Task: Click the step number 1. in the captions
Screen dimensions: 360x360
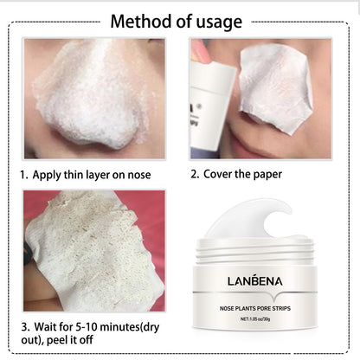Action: point(24,175)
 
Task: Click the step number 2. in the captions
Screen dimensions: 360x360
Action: point(194,174)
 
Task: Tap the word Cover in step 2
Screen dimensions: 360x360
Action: point(218,174)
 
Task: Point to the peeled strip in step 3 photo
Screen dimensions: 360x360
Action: point(87,251)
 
